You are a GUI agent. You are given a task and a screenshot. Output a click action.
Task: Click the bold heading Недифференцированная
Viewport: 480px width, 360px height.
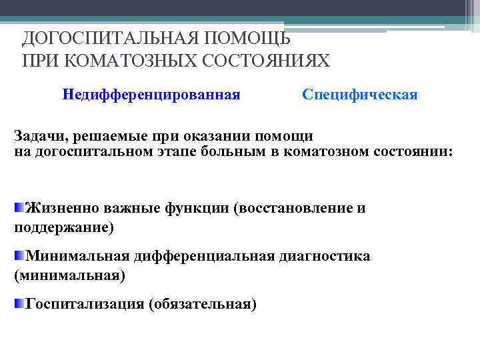151,95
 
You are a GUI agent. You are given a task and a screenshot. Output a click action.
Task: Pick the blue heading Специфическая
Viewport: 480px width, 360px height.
360,95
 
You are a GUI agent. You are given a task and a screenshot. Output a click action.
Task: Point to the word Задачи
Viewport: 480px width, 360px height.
39,136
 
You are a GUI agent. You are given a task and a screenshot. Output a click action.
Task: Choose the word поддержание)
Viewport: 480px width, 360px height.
64,227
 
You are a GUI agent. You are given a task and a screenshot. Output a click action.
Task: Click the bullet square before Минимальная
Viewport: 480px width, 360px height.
19,255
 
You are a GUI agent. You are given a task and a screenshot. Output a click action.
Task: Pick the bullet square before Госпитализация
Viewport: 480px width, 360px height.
19,303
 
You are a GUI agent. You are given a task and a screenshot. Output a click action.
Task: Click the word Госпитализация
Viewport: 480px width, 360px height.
85,305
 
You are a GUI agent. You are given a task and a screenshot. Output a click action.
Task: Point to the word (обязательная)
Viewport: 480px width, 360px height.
203,305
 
